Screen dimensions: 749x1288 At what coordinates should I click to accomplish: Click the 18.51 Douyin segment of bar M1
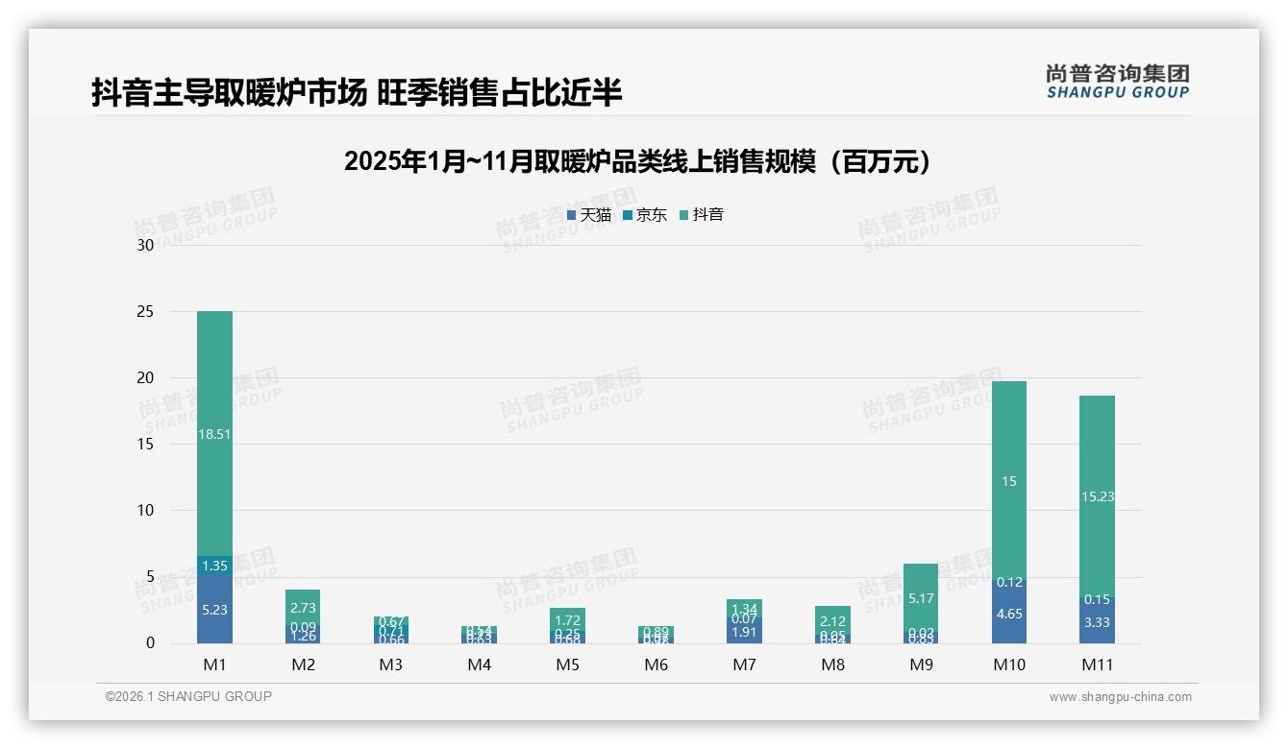pos(214,434)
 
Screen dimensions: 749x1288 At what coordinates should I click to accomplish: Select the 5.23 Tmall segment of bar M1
pos(214,609)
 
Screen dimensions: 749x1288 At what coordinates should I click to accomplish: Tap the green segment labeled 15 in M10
pos(1008,481)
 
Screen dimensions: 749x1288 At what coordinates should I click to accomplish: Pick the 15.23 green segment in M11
pos(1097,496)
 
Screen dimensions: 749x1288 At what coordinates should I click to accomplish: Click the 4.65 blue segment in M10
pos(1008,613)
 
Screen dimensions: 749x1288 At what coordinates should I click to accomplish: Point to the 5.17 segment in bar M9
pos(920,598)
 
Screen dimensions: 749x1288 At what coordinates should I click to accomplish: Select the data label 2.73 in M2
pos(303,608)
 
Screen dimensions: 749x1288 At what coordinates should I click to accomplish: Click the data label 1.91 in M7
pos(744,632)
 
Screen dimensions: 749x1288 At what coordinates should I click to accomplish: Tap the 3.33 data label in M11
pos(1097,622)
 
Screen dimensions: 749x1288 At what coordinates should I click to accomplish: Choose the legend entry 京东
pos(644,215)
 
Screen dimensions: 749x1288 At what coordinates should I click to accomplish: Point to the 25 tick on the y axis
pos(145,311)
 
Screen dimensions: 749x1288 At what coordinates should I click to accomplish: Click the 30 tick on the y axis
pos(145,245)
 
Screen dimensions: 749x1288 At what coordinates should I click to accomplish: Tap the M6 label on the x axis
pos(656,664)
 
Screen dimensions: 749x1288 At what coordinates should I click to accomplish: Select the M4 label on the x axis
pos(479,664)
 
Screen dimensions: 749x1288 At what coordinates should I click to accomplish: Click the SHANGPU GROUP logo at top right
pos(1117,82)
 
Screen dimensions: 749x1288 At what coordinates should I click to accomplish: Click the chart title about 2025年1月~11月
pos(638,161)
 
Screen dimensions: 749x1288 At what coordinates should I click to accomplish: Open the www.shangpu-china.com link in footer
pos(1120,697)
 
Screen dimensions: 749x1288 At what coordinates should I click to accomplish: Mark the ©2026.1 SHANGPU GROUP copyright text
pos(188,696)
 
